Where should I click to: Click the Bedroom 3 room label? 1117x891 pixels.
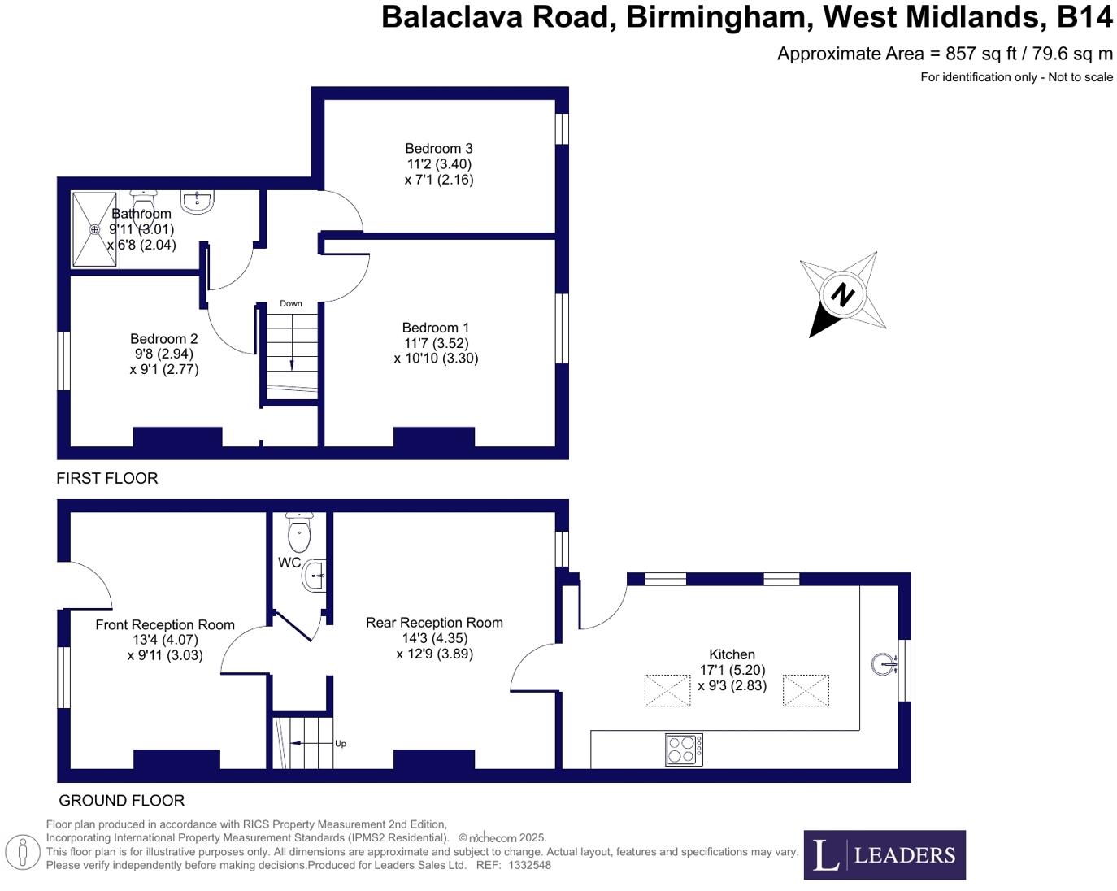click(x=439, y=149)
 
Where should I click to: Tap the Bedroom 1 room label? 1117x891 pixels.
click(x=436, y=328)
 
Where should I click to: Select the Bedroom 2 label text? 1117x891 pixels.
click(x=164, y=339)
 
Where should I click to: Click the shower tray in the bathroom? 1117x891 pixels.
click(x=95, y=229)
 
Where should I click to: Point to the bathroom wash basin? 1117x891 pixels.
click(x=198, y=202)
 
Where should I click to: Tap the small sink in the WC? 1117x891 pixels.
click(x=315, y=576)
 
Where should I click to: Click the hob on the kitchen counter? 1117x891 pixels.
click(x=684, y=749)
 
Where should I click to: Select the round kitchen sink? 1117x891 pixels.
click(x=884, y=664)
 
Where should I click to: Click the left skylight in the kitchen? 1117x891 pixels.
click(x=667, y=690)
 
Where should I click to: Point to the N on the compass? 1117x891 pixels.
click(x=843, y=293)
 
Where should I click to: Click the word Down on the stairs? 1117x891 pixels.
click(x=291, y=304)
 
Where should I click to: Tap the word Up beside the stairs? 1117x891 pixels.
click(x=341, y=744)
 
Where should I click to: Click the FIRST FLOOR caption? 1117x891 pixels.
click(x=107, y=478)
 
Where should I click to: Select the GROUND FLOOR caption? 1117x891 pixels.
click(x=122, y=801)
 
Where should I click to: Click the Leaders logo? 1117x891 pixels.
click(x=884, y=854)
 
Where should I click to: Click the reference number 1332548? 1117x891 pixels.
click(x=529, y=865)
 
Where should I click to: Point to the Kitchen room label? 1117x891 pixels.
click(x=732, y=654)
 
